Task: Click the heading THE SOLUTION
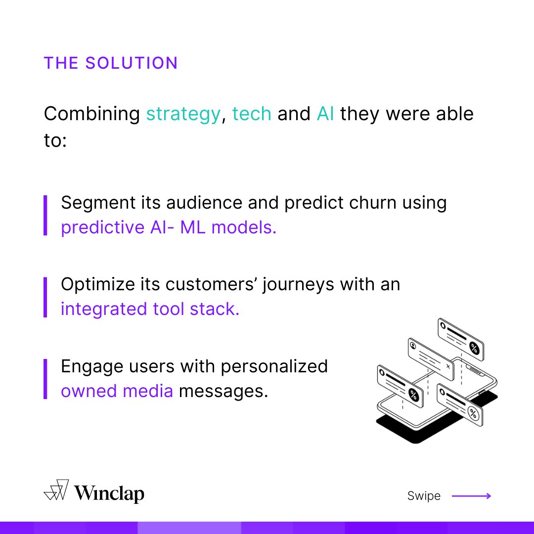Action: [x=111, y=63]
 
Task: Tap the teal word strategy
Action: [x=183, y=114]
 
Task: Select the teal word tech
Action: [x=252, y=114]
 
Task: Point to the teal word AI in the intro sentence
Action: [x=325, y=114]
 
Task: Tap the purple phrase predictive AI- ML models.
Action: [x=169, y=228]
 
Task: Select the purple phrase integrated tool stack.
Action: [x=150, y=310]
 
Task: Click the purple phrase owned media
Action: [x=117, y=391]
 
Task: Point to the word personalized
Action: [x=274, y=366]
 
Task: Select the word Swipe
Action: [x=424, y=496]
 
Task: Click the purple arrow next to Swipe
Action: [x=471, y=496]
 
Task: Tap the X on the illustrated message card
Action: [x=448, y=366]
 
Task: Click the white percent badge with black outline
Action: [x=473, y=413]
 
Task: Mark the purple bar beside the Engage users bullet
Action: [x=45, y=379]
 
